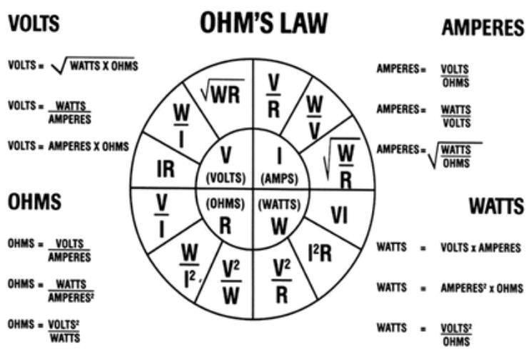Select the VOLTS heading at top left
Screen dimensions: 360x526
click(34, 24)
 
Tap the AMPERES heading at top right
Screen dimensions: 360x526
click(482, 28)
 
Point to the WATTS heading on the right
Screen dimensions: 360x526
click(495, 206)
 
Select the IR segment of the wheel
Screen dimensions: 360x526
click(165, 169)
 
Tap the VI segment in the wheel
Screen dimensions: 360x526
click(340, 214)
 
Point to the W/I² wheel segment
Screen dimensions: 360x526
click(189, 261)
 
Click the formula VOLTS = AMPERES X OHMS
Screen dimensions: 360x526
click(69, 146)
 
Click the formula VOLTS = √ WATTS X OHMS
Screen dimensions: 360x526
click(73, 66)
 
